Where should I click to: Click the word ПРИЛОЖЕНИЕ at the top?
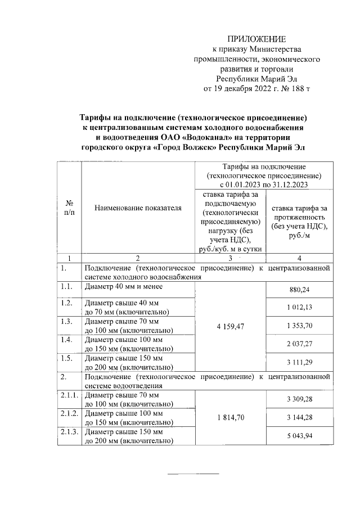pyautogui.click(x=256, y=39)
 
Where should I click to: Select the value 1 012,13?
pyautogui.click(x=299, y=308)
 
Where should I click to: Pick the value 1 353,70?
pyautogui.click(x=299, y=326)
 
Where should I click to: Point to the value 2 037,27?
pyautogui.click(x=299, y=344)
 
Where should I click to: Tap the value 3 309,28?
pyautogui.click(x=299, y=400)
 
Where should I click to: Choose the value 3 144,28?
pyautogui.click(x=299, y=418)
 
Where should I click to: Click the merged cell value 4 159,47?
pyautogui.click(x=229, y=326)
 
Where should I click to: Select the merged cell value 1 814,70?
pyautogui.click(x=229, y=418)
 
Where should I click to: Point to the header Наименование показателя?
pyautogui.click(x=138, y=208)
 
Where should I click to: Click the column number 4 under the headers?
pyautogui.click(x=299, y=258)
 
